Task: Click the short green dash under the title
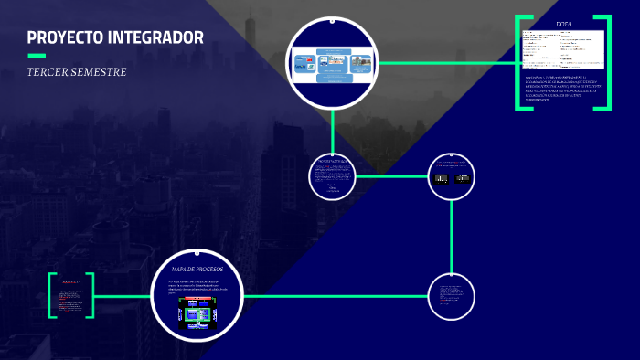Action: (36, 56)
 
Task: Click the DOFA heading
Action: (563, 24)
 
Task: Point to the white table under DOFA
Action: (563, 48)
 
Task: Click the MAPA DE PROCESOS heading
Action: (197, 269)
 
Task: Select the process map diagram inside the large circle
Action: (197, 314)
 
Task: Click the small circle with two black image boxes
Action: (452, 176)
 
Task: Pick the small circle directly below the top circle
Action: (333, 176)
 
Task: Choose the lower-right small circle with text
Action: (452, 297)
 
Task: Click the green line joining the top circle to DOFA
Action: (448, 63)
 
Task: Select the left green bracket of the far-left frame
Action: (51, 295)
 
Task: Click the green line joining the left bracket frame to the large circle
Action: (123, 296)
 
